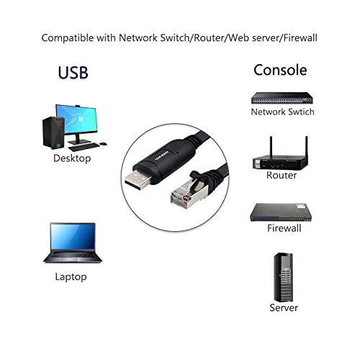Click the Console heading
(x=280, y=70)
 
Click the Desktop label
(x=72, y=158)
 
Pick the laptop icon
(x=72, y=242)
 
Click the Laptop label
(x=71, y=276)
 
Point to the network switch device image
(x=282, y=96)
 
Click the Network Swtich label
(x=282, y=112)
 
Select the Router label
(x=282, y=175)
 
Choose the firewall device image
(x=282, y=210)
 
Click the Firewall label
(x=284, y=228)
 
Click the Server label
(x=283, y=307)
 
